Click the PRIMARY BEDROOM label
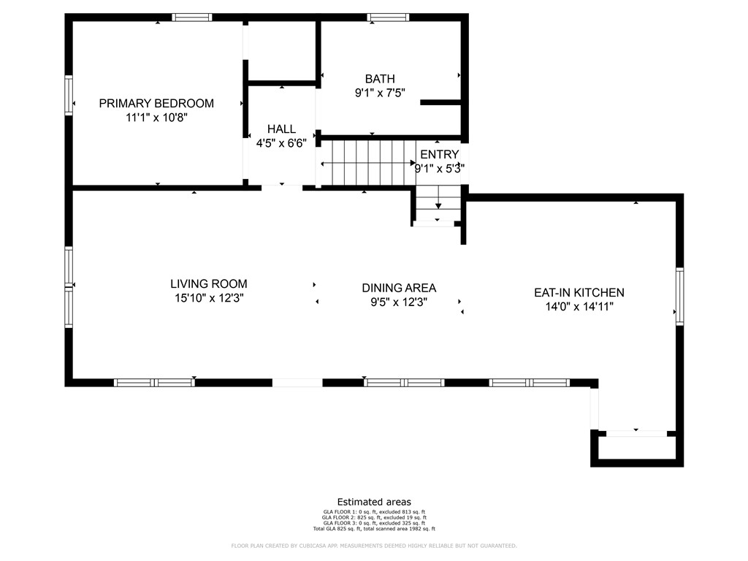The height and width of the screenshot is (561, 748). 156,103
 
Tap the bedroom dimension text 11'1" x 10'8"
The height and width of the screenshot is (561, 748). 156,117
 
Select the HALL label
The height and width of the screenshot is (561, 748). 281,129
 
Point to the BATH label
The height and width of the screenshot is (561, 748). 380,79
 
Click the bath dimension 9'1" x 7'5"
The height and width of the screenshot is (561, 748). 380,93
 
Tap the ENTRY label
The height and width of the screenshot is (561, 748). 439,154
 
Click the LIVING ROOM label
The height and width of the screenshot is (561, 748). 208,283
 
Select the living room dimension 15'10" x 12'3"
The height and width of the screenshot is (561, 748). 208,298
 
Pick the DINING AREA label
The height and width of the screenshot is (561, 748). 400,288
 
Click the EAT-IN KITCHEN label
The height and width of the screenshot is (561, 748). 579,292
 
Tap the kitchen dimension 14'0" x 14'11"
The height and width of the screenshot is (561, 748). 579,307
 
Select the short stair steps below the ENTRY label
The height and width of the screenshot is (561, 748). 438,205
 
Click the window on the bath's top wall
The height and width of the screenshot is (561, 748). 389,18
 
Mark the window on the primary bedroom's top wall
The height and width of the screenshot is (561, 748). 192,18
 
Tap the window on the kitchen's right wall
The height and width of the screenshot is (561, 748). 679,296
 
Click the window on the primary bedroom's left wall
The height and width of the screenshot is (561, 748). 69,96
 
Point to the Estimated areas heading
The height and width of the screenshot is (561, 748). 374,502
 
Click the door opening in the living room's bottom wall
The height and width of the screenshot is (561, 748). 297,382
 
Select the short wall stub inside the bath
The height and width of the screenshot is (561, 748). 440,102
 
